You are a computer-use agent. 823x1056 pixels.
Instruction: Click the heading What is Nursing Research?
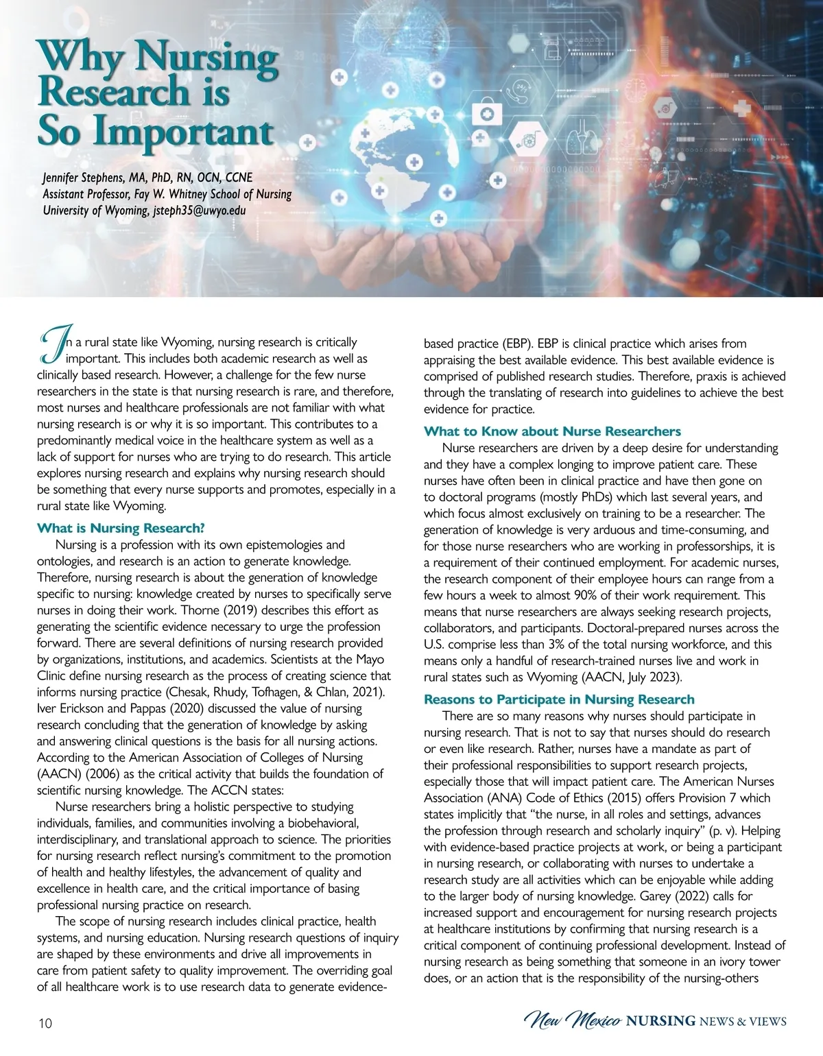tap(121, 528)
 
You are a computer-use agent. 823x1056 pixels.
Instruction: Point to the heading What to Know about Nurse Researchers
tap(552, 431)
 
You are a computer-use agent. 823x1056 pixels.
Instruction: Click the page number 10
tap(45, 1024)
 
